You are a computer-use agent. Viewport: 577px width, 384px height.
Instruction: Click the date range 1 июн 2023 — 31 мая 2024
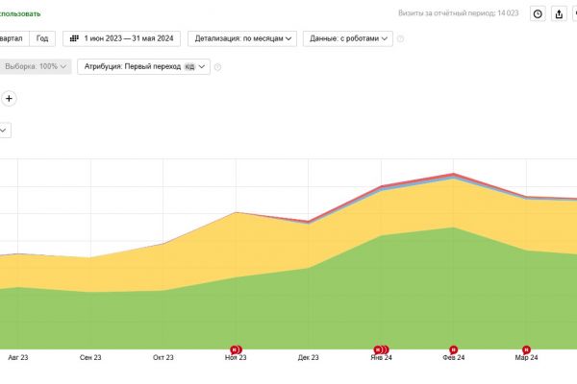click(122, 38)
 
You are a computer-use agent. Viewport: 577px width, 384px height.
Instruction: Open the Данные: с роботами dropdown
click(347, 38)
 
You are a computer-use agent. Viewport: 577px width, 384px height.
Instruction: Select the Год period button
click(42, 38)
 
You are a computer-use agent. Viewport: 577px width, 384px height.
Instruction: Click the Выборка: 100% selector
click(37, 67)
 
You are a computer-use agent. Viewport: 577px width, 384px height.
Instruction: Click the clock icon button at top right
click(538, 13)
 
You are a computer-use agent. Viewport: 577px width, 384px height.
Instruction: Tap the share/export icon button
click(560, 13)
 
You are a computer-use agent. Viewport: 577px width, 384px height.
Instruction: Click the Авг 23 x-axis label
click(17, 357)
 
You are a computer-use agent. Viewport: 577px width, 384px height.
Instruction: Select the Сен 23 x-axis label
click(91, 357)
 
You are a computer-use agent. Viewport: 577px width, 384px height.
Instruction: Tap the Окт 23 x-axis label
click(163, 357)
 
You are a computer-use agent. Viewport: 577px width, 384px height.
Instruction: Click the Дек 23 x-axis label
click(309, 357)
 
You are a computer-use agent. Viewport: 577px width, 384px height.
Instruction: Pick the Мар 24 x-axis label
click(526, 357)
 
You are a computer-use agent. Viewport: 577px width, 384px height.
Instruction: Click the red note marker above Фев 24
click(454, 349)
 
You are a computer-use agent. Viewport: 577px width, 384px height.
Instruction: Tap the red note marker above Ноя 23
click(236, 349)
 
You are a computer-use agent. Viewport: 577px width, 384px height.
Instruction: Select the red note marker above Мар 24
click(526, 349)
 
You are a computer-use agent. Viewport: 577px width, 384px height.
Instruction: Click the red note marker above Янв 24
click(381, 349)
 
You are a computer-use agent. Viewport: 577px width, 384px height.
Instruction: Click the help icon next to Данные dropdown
click(401, 39)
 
